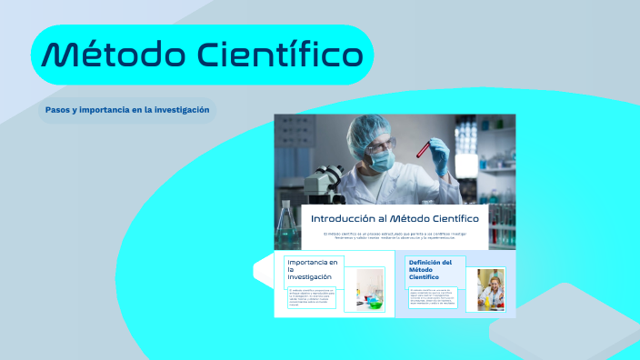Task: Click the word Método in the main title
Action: pos(108,55)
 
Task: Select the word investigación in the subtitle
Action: pos(181,110)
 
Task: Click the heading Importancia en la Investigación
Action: pos(310,270)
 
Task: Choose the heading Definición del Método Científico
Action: pos(430,270)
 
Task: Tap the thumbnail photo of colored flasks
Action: pos(370,290)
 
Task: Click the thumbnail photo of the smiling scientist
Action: pos(491,289)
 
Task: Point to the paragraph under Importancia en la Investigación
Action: pos(312,298)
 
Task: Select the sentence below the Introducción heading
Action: pos(395,235)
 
